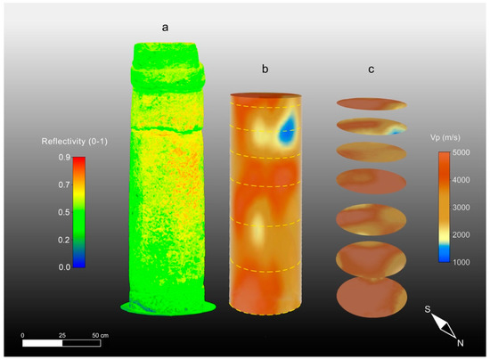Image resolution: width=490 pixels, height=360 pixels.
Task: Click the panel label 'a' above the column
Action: tap(165, 28)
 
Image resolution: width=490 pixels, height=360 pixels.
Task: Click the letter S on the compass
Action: tap(428, 309)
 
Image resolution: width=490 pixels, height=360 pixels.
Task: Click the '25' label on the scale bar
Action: tap(62, 334)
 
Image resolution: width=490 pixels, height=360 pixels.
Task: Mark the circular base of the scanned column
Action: tap(168, 307)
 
